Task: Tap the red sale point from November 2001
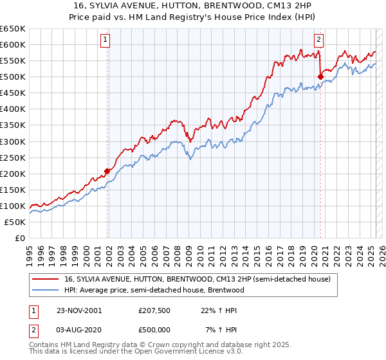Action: click(x=107, y=171)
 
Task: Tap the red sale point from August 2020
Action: click(x=320, y=76)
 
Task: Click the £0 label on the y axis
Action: click(x=19, y=238)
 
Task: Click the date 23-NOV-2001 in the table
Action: click(x=78, y=310)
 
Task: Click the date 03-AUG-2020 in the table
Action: click(x=78, y=329)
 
